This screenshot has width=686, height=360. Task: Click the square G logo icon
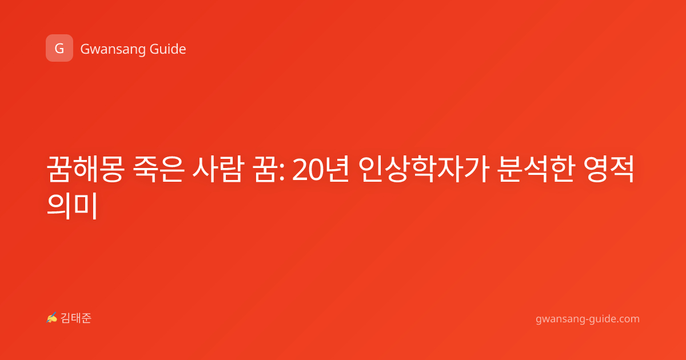tap(59, 48)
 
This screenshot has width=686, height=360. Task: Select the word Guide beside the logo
tap(167, 49)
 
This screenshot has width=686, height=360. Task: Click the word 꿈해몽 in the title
tap(85, 169)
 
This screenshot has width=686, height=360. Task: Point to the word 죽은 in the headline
tap(159, 169)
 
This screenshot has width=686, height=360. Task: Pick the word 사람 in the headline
tap(218, 169)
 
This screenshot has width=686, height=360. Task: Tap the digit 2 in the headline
tap(300, 170)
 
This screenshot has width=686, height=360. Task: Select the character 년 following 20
tap(337, 169)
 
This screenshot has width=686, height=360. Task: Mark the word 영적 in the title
tap(608, 169)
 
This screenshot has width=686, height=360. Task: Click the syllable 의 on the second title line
tap(59, 205)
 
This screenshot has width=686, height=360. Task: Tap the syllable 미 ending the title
tap(86, 205)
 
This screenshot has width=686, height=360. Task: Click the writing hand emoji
tap(52, 318)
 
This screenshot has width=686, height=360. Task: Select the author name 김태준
tap(75, 318)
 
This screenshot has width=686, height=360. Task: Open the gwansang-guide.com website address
tap(588, 319)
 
